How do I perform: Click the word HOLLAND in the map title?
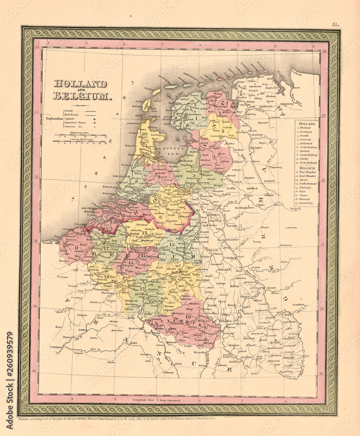point(80,84)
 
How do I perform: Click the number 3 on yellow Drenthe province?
point(222,130)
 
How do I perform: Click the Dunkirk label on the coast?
point(48,242)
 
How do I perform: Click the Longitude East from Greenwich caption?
point(157,400)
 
